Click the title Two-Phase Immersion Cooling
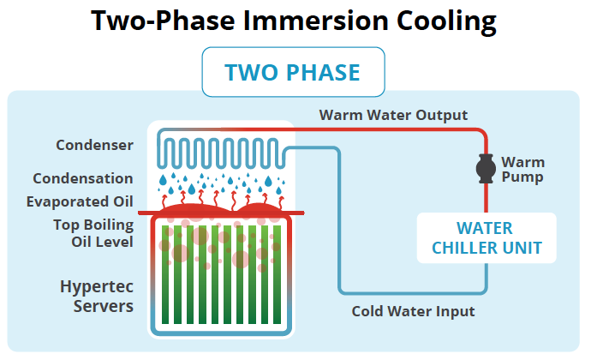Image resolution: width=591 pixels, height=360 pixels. coord(295,21)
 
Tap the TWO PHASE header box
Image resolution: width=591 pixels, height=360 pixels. coord(293,72)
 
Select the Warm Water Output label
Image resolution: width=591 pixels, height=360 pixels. coord(393,115)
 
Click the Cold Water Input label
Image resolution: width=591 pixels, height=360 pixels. coord(413,311)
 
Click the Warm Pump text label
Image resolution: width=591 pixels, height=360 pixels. coord(522,170)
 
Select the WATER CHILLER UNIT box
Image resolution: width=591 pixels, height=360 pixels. coord(486,239)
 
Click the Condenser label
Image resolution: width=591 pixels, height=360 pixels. coord(94,145)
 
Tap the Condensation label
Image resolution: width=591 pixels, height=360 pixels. coord(83,178)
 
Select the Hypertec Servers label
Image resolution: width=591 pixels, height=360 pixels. coord(97,295)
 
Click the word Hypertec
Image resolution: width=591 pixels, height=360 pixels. coord(97,285)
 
